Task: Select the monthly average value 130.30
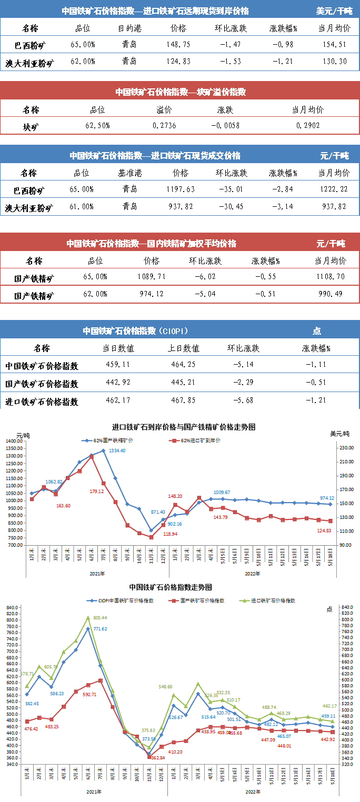tap(334, 62)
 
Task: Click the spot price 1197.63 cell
tap(180, 189)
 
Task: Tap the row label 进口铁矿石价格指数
tap(42, 402)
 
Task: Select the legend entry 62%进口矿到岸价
tap(201, 440)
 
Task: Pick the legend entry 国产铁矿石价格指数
tap(203, 600)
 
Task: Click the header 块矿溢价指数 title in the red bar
tap(181, 92)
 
